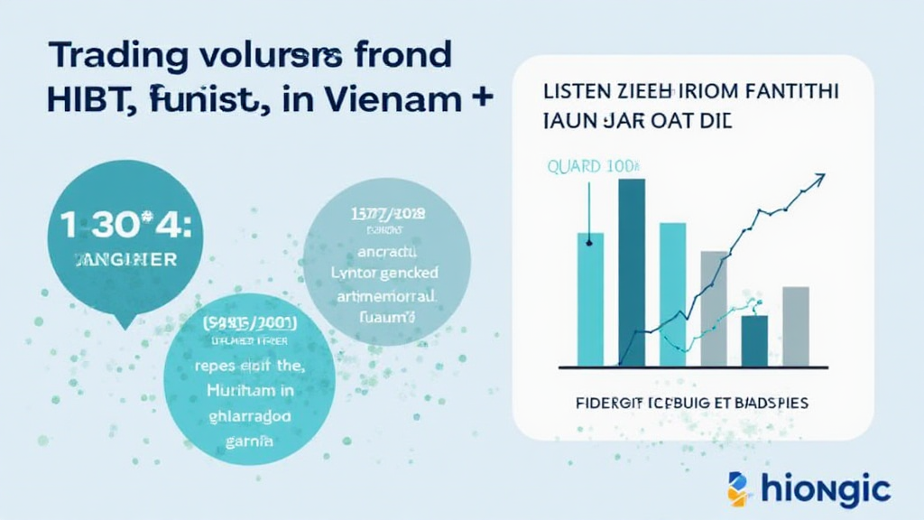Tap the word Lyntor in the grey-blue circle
(x=353, y=272)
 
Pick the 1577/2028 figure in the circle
(x=387, y=214)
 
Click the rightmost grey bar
(x=795, y=326)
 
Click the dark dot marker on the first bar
(x=589, y=240)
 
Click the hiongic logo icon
(x=738, y=488)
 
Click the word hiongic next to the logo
(x=826, y=490)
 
